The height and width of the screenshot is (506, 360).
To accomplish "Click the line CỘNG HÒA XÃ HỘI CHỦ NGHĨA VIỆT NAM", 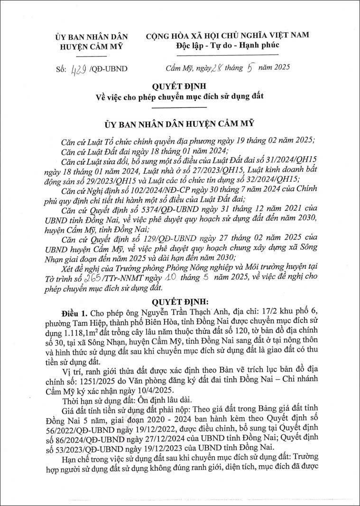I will [x=227, y=35].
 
